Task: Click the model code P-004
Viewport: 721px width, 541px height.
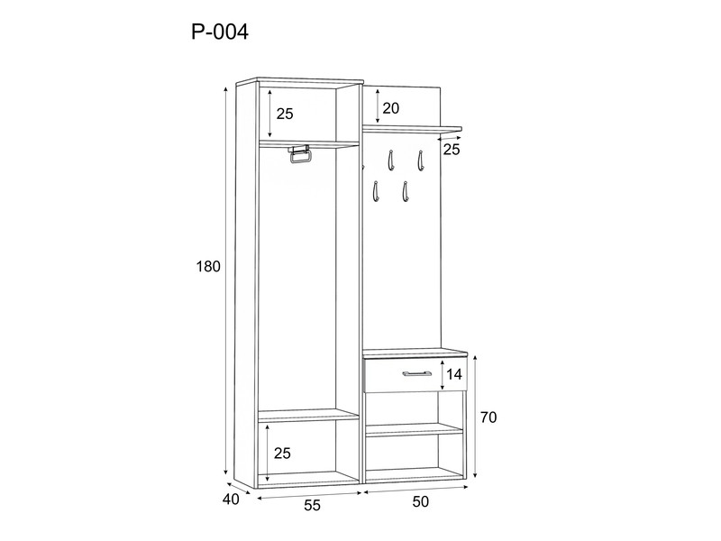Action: pos(220,32)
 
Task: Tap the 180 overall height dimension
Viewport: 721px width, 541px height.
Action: pos(208,266)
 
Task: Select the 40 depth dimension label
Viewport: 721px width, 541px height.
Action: pos(231,500)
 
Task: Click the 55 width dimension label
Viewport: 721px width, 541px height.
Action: pos(312,506)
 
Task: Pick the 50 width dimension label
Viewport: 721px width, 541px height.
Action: pos(420,501)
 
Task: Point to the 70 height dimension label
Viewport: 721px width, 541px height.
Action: pos(488,417)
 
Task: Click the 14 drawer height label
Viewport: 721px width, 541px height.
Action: pos(453,374)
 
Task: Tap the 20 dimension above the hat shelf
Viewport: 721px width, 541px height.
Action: pos(391,108)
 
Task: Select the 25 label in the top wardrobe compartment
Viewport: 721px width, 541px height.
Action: pos(285,114)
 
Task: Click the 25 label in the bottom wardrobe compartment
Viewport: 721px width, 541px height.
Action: pos(282,454)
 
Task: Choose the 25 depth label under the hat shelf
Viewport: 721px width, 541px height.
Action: pos(452,150)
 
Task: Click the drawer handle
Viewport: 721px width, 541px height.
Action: pos(417,373)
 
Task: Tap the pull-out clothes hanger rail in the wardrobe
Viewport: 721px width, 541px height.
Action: pos(300,154)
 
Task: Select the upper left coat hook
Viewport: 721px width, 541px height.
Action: pos(391,160)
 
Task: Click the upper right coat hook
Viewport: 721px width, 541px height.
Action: pos(420,160)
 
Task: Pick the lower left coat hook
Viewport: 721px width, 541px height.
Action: pos(376,191)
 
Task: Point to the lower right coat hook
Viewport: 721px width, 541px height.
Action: pos(405,191)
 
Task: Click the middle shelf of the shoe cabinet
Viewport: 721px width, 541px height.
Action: pos(414,430)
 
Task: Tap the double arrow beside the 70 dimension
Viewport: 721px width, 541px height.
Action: pos(476,417)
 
